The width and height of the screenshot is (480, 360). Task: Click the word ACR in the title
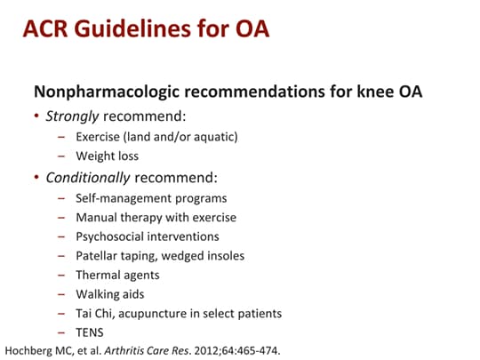pyautogui.click(x=46, y=28)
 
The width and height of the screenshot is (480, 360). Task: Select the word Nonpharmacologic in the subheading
pyautogui.click(x=103, y=92)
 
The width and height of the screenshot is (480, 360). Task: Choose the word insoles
pyautogui.click(x=224, y=256)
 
